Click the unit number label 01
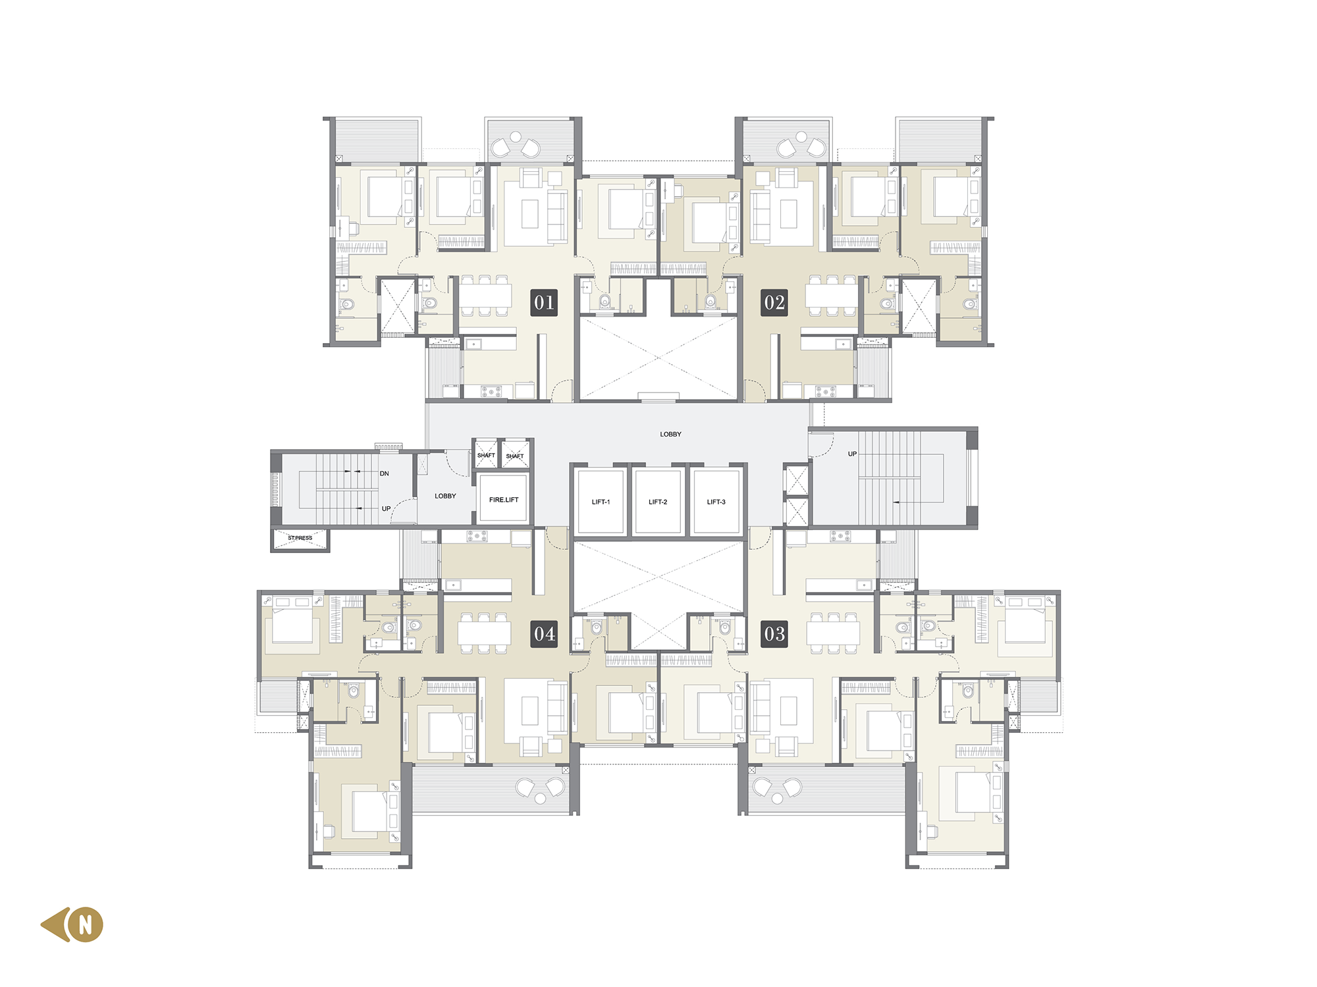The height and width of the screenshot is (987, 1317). coord(544,303)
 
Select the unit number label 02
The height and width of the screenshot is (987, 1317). coord(774,303)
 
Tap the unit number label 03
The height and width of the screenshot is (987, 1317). coord(774,634)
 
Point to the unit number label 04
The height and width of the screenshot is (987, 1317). coord(544,634)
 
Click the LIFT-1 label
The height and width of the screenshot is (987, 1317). coord(601,502)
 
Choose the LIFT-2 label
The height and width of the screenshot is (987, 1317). coord(658,502)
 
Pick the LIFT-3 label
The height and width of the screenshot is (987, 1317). coord(716,502)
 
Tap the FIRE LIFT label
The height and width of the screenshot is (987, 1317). coord(504,500)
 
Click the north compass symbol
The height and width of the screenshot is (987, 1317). coord(72,924)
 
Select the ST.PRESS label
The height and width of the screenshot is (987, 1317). coord(300,538)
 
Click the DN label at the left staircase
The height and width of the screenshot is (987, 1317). coord(385,473)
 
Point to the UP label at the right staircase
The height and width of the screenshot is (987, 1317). coord(852,454)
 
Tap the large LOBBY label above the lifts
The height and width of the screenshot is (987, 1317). coord(670,434)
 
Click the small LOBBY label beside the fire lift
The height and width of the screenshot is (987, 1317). coord(445,496)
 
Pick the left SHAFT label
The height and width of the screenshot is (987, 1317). coord(486,455)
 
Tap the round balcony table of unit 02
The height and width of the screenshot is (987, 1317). coord(801,138)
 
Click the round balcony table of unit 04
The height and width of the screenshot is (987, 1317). coord(540,799)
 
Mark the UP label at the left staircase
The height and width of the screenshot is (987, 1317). coord(386,508)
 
